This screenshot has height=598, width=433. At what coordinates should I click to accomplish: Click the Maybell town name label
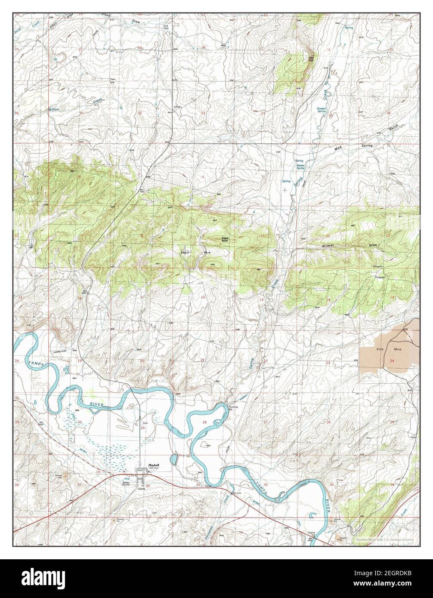(x=154, y=465)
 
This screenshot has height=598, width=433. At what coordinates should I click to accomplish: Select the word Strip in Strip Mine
(x=379, y=349)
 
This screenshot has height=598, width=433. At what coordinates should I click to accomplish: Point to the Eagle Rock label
(x=225, y=239)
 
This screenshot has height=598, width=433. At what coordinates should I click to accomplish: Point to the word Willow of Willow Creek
(x=54, y=110)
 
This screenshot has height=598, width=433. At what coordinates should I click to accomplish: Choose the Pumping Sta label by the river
(x=233, y=407)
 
